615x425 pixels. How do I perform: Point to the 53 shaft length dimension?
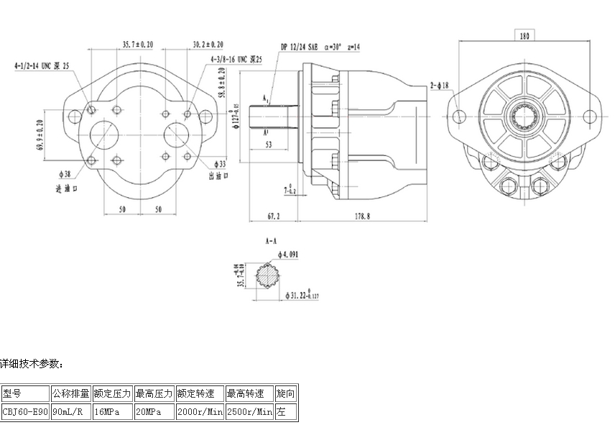tap(269, 144)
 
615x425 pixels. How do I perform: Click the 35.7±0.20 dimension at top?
tap(138, 45)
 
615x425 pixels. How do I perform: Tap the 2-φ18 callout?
tap(440, 85)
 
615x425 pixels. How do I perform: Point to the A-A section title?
tap(271, 242)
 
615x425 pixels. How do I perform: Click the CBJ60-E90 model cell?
tap(24, 412)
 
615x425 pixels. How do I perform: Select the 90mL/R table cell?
tap(70, 412)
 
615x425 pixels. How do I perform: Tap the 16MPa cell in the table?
tap(112, 412)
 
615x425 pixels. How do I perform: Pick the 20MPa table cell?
tap(154, 412)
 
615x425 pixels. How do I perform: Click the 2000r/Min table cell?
tap(200, 412)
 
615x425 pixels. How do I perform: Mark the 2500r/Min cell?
tap(249, 412)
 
